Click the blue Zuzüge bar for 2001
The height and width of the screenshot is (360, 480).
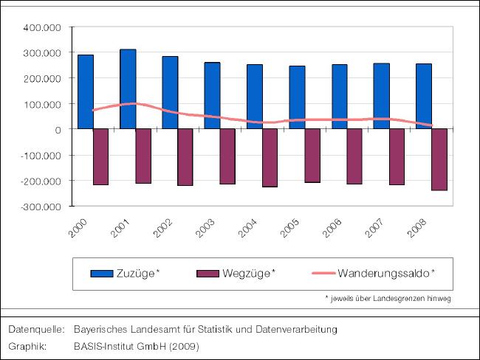[128, 89]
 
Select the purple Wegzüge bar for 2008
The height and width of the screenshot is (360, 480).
[439, 159]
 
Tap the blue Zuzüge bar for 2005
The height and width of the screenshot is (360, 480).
[297, 97]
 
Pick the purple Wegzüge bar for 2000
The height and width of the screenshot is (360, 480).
[100, 156]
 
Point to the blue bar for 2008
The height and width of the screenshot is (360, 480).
[423, 96]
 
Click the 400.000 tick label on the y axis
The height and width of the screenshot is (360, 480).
[44, 27]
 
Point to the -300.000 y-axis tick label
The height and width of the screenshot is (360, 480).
[41, 207]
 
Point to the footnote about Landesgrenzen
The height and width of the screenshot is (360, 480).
[388, 298]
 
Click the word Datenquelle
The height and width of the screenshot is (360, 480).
[34, 328]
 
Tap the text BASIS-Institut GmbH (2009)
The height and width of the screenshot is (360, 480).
[136, 345]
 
